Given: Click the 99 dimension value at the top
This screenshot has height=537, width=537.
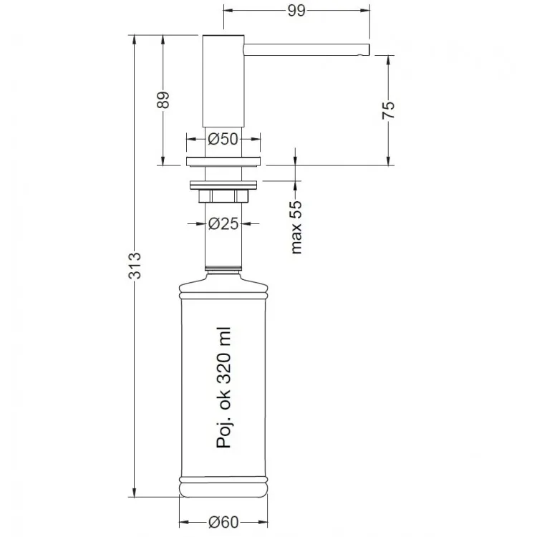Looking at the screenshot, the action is click(x=296, y=11).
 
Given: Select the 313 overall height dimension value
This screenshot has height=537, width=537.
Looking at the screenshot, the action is click(x=135, y=266).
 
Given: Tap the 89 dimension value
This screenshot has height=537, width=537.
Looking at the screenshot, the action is click(x=163, y=100).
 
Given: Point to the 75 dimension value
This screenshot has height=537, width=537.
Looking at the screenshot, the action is click(x=388, y=110).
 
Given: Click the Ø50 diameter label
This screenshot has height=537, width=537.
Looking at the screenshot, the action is click(x=223, y=139).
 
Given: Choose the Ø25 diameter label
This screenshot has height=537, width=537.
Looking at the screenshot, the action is click(x=223, y=223).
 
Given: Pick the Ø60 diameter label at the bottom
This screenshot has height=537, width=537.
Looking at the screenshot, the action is click(x=223, y=522).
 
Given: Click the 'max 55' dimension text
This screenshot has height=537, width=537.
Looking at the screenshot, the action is click(x=296, y=227).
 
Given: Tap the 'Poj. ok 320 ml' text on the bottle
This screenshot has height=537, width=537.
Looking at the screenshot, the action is click(x=224, y=387).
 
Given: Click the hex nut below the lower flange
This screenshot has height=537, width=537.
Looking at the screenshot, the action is click(x=223, y=196).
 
